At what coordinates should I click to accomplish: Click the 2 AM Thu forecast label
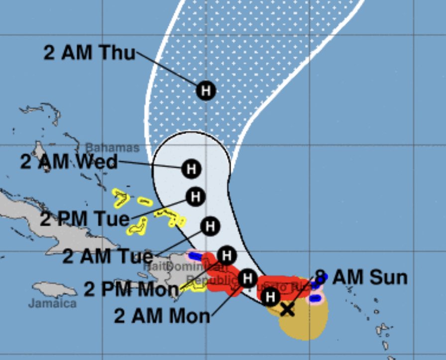89,52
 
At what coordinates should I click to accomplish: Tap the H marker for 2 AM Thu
206,90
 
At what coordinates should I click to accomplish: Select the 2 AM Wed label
69,162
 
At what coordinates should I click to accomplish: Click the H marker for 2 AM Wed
190,169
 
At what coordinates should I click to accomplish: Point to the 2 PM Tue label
85,219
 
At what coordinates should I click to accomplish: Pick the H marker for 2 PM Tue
196,196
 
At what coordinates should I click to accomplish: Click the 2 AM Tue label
107,256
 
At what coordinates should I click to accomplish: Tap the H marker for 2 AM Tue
210,226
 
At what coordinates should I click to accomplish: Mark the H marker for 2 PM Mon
226,256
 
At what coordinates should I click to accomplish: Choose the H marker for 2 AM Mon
247,278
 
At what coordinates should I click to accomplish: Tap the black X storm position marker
287,310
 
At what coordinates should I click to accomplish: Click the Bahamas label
112,148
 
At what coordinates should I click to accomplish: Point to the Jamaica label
52,303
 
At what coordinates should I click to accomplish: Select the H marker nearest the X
270,297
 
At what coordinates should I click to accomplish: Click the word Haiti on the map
154,267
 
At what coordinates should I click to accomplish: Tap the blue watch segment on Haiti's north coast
195,256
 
